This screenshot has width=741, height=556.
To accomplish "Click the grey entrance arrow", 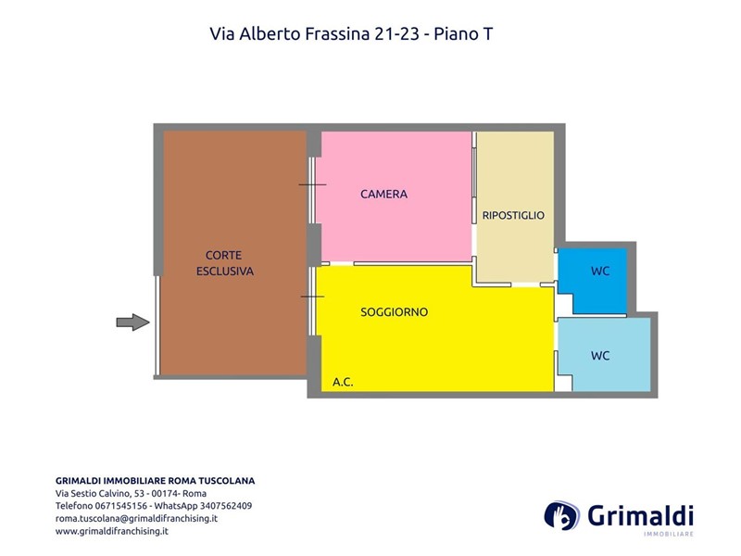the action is coord(132,322).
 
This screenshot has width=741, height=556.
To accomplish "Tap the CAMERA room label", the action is coord(383,195).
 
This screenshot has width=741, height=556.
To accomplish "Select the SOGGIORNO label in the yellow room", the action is coord(395,312).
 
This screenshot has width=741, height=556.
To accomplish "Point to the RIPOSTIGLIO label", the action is coord(513,216).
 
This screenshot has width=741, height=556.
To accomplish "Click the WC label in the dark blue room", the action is coord(600,272).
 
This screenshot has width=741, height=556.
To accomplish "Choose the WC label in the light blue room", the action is coord(600,356).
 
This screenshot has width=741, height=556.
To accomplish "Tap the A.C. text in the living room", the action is coord(343,382).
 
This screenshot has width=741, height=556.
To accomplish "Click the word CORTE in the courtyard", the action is coord(223,256).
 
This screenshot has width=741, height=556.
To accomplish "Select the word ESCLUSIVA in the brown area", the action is coord(225,272).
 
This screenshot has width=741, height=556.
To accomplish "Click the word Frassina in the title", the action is coord(337,34).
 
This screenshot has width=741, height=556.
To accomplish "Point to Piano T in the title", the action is coord(463,34).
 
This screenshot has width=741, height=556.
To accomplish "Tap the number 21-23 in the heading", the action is coord(397,34).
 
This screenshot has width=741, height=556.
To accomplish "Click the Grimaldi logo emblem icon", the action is coord(562,515).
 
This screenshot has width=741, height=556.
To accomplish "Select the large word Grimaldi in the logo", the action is coord(640,515).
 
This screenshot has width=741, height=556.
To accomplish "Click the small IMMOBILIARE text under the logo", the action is coord(668,535).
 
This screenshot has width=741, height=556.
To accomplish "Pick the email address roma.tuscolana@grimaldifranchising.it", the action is coord(136,519).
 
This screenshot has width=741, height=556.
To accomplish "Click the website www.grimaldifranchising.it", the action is coord(112,531).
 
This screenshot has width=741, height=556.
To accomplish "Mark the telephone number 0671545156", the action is coord(121,506).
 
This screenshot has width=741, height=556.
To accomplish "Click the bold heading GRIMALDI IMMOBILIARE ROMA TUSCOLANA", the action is coord(155,481).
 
